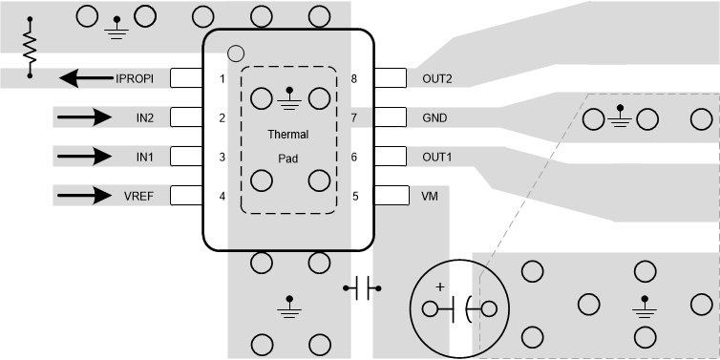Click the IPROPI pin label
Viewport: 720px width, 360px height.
click(x=135, y=79)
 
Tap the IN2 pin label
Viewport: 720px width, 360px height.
click(x=144, y=118)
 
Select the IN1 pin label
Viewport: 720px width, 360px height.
click(x=144, y=157)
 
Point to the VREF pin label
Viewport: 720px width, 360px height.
click(x=138, y=197)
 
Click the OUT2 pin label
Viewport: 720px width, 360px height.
click(x=437, y=79)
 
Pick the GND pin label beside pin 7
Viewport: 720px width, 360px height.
click(x=434, y=118)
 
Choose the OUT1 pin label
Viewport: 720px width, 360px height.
click(x=437, y=157)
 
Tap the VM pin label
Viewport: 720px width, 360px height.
click(x=430, y=197)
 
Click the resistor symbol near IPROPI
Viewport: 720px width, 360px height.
click(x=30, y=48)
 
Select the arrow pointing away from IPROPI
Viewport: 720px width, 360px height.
click(x=86, y=78)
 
